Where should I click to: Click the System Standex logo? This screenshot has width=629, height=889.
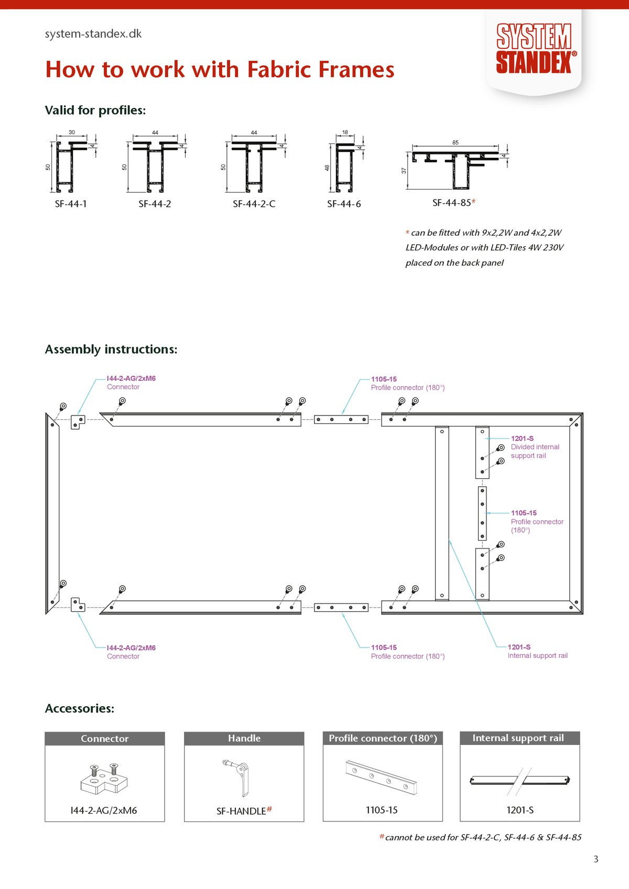[534, 48]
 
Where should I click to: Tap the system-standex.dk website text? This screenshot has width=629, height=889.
[93, 34]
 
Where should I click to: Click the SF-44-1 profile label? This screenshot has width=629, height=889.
[71, 204]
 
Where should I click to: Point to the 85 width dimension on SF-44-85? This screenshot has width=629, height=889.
[455, 142]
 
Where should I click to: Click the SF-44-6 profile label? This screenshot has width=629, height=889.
[344, 204]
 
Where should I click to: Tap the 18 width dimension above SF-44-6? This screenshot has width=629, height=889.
[345, 133]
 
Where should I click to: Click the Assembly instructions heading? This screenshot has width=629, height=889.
[111, 349]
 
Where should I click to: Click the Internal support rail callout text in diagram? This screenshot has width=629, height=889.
[537, 652]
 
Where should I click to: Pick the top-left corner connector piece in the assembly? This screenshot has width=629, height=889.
[78, 422]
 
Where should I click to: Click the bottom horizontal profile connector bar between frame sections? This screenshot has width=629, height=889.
[341, 608]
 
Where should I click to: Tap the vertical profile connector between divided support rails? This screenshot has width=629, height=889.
[482, 513]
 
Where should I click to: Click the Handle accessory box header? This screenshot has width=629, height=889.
[244, 739]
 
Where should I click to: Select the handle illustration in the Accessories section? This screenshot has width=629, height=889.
[238, 777]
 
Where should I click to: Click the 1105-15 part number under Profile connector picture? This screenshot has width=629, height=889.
[382, 810]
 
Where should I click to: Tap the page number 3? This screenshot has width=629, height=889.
[595, 859]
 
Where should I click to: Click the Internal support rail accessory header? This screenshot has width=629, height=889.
[519, 738]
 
